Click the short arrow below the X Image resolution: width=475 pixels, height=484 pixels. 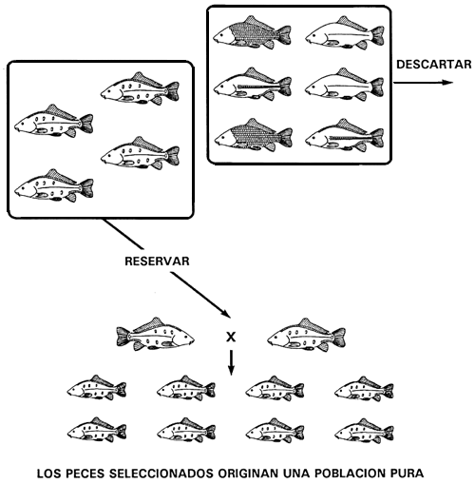click(231, 362)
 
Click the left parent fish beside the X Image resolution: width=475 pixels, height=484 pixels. click(157, 334)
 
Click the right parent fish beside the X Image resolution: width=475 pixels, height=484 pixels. click(305, 334)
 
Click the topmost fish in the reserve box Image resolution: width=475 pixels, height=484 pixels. click(140, 88)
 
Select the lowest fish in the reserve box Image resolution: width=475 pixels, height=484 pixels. click(53, 186)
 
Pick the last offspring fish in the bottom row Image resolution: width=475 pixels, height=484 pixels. click(365, 431)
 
